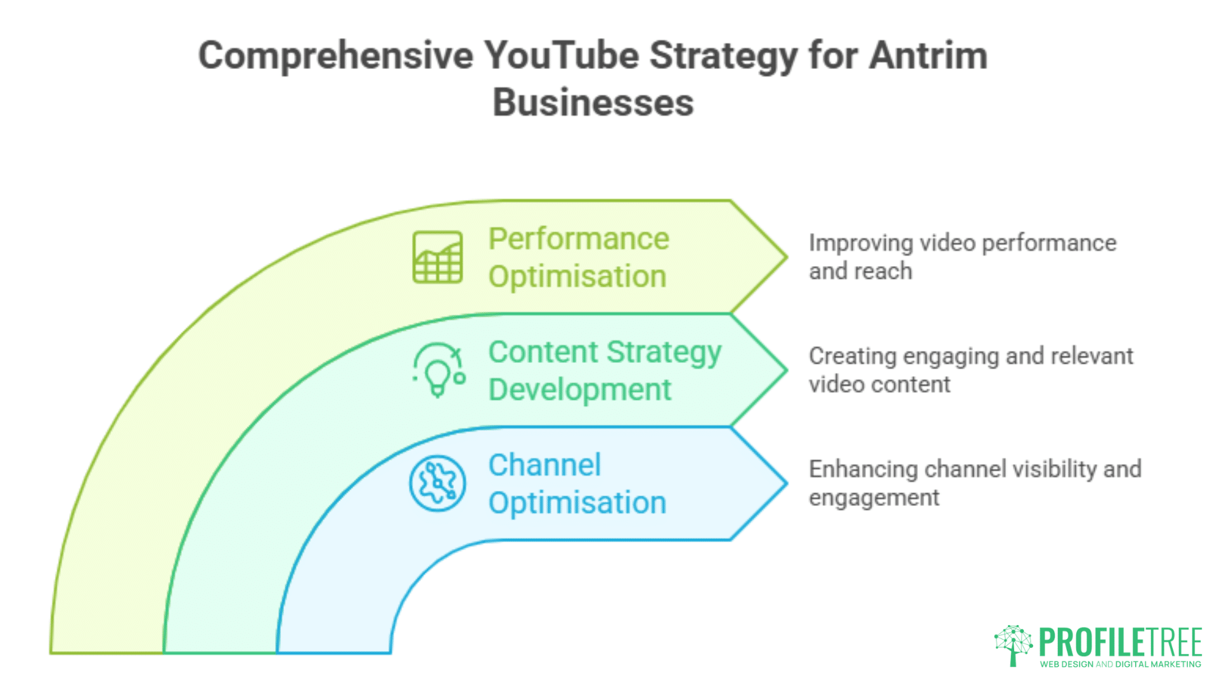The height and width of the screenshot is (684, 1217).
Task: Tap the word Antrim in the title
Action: coord(928,55)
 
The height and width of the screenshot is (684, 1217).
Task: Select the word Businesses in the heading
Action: coord(593,102)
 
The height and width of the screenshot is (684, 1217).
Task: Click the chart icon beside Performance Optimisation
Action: coord(437,257)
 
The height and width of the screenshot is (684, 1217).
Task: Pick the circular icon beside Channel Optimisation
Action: coord(437,483)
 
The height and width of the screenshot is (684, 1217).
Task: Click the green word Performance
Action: coord(579,239)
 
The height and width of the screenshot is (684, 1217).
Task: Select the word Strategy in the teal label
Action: coord(664,353)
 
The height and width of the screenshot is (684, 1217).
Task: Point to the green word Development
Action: coord(580,389)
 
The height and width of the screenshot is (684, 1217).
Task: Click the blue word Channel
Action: coord(544,465)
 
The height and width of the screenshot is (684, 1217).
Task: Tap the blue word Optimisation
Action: coord(577,503)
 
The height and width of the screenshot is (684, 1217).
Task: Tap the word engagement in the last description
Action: coord(874,498)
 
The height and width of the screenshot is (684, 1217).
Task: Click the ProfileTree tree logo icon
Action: coord(1014,645)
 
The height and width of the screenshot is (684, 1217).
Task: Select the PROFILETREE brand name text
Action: coord(1121,642)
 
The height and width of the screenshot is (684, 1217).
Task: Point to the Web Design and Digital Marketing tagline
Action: coord(1121,664)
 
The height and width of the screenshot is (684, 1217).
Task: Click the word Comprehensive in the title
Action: coord(336,56)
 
